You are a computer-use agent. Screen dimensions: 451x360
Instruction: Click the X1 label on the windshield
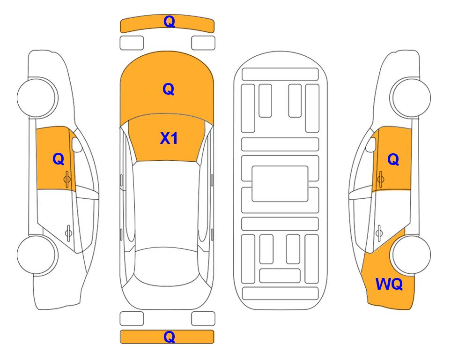coord(169,138)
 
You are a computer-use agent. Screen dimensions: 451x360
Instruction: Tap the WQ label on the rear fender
coord(389,284)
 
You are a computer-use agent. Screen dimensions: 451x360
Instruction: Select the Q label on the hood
coord(169,89)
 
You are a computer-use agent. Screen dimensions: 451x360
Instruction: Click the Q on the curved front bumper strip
coord(169,22)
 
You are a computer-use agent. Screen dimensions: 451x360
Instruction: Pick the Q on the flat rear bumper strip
coord(169,337)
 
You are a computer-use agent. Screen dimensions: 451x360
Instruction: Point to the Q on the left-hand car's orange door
coord(59,159)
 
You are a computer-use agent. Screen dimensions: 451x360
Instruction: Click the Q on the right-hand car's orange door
coord(393,159)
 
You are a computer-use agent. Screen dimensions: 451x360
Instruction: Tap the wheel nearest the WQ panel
coord(411,255)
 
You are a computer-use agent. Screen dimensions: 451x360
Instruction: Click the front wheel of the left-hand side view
coord(37,97)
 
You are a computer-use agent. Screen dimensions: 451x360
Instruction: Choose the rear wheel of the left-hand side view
coord(37,255)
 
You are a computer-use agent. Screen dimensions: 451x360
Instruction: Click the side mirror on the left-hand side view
coord(77,144)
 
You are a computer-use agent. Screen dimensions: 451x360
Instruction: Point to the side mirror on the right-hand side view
coord(371,144)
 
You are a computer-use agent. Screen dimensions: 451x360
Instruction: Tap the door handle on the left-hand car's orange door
coord(67,179)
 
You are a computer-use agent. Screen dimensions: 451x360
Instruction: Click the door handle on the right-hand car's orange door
coord(380,179)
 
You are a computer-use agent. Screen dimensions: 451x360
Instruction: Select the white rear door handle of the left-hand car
coord(68,232)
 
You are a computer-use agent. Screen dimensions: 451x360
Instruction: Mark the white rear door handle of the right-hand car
coord(379,232)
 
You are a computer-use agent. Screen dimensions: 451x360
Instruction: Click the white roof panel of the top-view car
coord(167,204)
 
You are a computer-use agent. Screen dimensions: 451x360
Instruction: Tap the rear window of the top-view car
coord(167,267)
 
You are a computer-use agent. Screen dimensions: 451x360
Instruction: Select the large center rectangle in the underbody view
coord(280,184)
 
